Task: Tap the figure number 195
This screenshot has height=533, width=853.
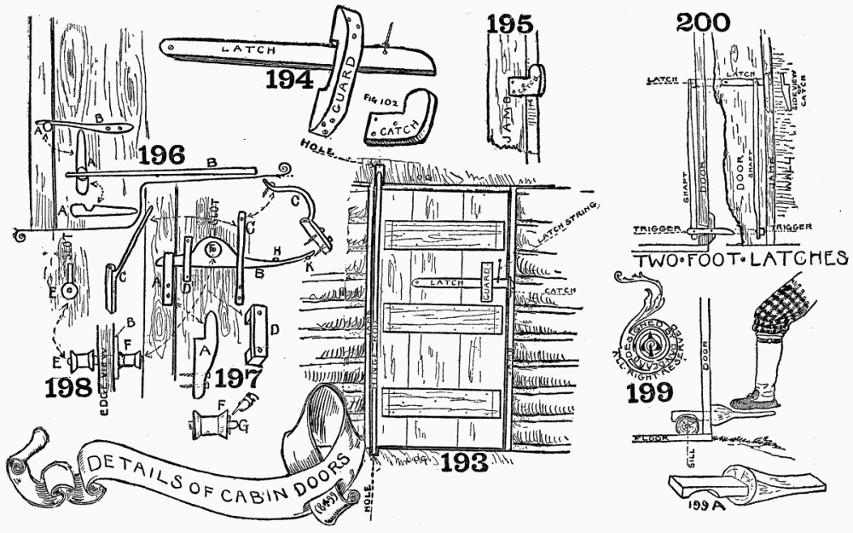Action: (510, 23)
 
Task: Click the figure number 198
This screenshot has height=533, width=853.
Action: (70, 387)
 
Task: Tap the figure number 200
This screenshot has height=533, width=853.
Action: (703, 21)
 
